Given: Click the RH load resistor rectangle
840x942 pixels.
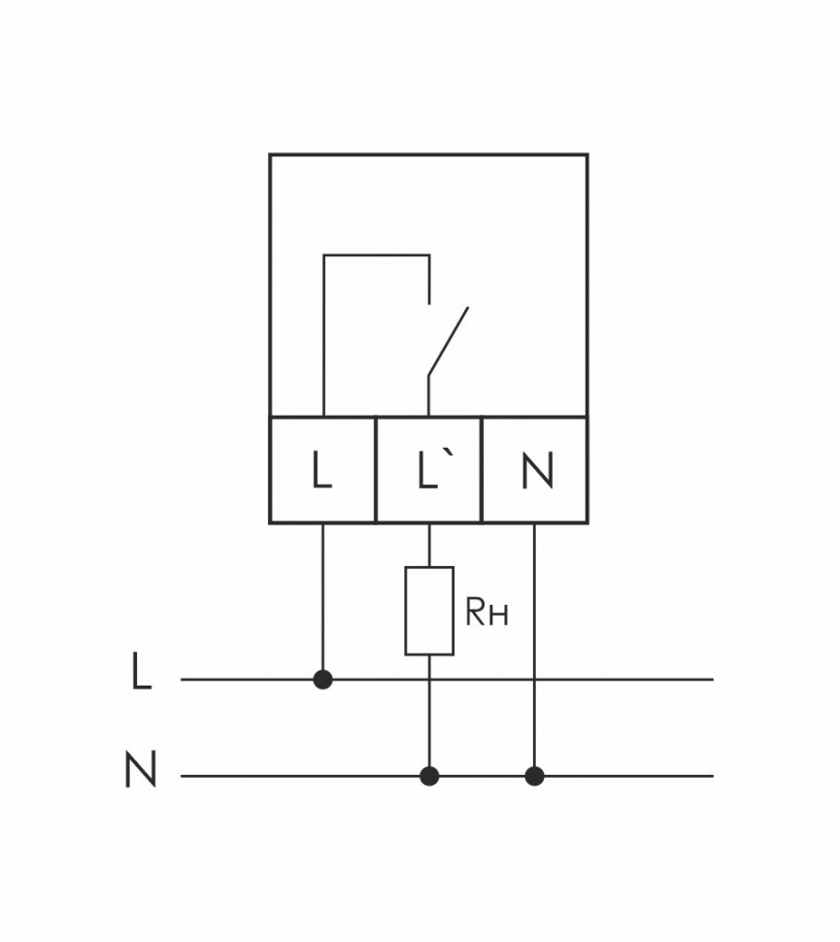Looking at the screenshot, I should (x=429, y=611).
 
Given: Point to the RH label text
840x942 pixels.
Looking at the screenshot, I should (x=487, y=613).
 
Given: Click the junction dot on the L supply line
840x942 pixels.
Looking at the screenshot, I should (x=323, y=680).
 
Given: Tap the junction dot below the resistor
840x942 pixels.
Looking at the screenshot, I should (x=429, y=776).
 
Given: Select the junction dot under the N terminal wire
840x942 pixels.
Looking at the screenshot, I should (x=534, y=776).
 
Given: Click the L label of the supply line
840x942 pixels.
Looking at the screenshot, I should (x=142, y=673).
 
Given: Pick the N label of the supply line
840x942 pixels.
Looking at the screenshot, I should (x=141, y=770).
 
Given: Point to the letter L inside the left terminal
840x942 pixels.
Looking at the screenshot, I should (x=322, y=471).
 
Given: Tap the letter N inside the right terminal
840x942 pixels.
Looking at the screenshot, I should (x=536, y=471).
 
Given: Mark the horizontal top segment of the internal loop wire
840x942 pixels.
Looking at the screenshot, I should (x=376, y=255).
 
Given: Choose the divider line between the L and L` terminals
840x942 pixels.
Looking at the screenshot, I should (x=376, y=470).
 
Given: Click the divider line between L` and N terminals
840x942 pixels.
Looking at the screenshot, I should (x=482, y=470).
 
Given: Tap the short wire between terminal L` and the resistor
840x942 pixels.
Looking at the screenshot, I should (x=429, y=545).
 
